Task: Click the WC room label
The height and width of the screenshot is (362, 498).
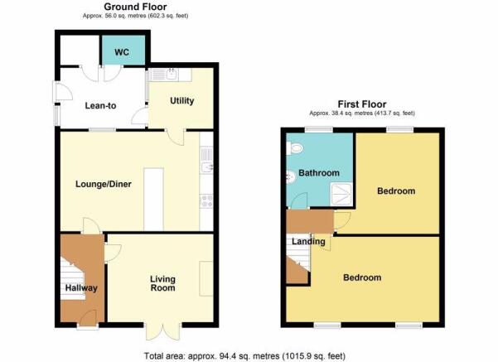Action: click(x=122, y=52)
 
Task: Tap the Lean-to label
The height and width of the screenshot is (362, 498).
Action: click(x=100, y=105)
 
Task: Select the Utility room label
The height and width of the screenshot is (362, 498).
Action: click(x=182, y=101)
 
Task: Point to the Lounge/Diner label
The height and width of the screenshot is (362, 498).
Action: click(x=104, y=184)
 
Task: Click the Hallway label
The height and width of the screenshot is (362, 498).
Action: click(x=81, y=288)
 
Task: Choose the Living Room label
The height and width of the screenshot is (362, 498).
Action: click(x=162, y=283)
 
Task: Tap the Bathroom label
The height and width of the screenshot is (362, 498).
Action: click(x=319, y=173)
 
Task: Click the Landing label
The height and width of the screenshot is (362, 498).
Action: click(x=308, y=242)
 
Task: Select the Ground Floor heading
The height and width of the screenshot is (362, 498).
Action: click(x=135, y=7)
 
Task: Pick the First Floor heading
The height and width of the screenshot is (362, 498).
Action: click(x=362, y=104)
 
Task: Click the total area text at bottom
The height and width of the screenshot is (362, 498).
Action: click(x=245, y=356)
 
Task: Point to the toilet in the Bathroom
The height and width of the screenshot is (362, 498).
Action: click(x=295, y=148)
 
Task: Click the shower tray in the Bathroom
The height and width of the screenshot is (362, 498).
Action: click(x=341, y=194)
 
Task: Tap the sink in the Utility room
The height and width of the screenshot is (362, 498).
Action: click(x=172, y=75)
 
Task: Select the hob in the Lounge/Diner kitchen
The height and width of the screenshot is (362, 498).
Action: click(x=206, y=201)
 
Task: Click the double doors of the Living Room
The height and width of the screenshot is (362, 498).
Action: click(x=163, y=332)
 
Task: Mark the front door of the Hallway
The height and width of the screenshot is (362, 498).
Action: click(x=88, y=318)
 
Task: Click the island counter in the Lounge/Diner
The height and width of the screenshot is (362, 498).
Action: click(x=154, y=200)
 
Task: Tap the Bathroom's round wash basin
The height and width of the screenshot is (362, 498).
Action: click(x=291, y=177)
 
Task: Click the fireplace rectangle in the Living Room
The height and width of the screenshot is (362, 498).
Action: click(x=206, y=279)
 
